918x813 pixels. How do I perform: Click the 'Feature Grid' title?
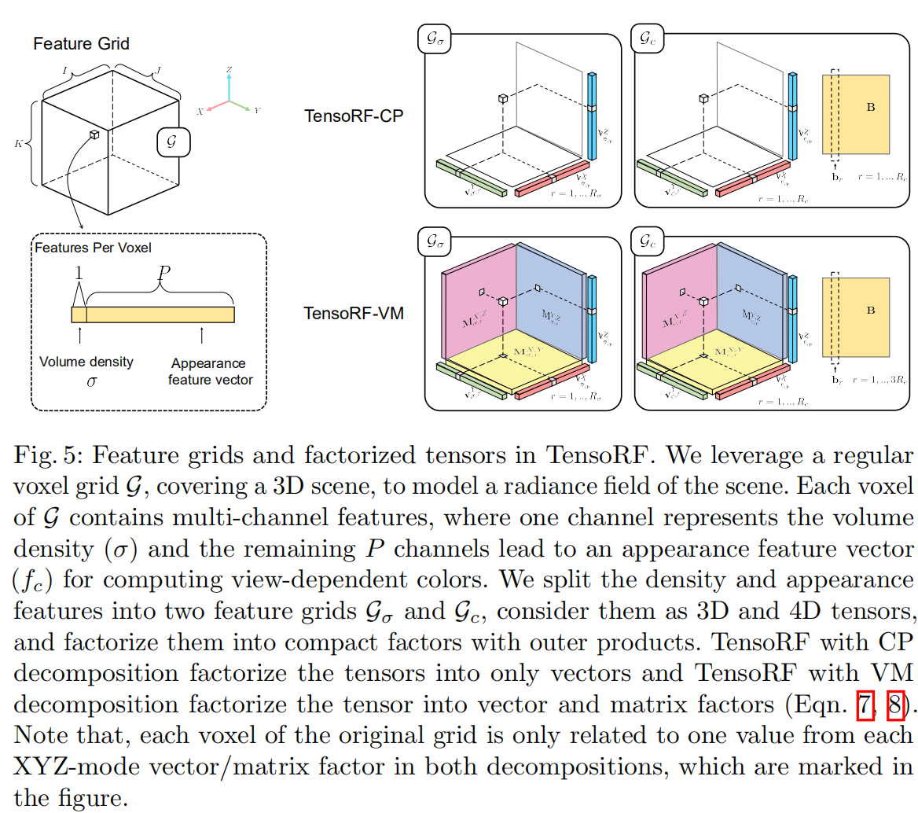[x=81, y=44]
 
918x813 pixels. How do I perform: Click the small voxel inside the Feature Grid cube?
[x=94, y=135]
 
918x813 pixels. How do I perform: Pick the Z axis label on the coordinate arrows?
[x=229, y=70]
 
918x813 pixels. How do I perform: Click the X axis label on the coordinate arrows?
[x=200, y=112]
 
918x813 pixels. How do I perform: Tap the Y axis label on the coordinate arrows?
[x=257, y=111]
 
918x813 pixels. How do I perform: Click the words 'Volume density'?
[x=87, y=362]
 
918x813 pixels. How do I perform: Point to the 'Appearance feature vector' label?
[x=207, y=371]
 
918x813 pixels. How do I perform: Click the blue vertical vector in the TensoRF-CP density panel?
[x=592, y=114]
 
